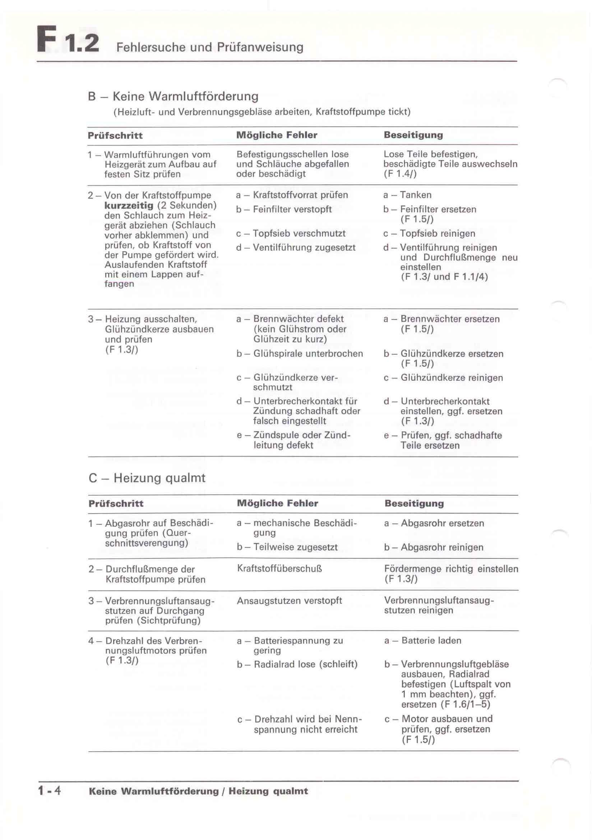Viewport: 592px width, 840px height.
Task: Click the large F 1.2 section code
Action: (68, 40)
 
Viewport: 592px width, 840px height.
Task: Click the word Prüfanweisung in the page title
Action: (260, 47)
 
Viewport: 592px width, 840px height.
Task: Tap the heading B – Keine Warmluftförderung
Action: (173, 96)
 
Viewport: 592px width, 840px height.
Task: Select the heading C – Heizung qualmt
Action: (147, 478)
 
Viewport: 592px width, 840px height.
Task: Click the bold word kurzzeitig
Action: (129, 205)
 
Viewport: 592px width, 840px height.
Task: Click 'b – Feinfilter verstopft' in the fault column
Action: (284, 209)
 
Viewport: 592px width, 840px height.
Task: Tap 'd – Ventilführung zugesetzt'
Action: (296, 248)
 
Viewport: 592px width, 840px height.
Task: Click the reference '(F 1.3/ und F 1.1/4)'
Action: (444, 277)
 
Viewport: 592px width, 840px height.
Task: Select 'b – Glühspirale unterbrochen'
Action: (300, 354)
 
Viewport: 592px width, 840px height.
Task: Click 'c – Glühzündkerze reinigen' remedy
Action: (443, 377)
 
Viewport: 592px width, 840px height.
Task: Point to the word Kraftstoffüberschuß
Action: (279, 568)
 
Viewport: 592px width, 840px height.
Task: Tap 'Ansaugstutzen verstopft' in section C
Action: (289, 600)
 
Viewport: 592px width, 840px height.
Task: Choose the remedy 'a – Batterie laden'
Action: (422, 641)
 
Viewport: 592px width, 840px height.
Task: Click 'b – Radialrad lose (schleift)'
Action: (297, 664)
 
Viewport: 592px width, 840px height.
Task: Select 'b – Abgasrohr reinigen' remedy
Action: (434, 547)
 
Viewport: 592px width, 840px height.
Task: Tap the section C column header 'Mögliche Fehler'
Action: (277, 503)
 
